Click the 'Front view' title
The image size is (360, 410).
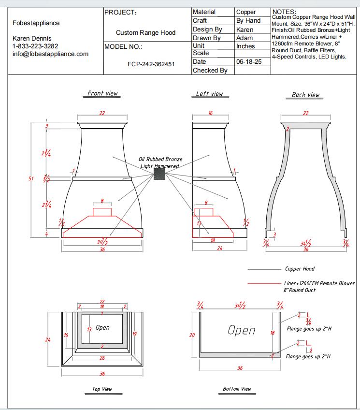102,93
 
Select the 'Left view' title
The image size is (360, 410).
210,93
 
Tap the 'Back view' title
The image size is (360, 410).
305,95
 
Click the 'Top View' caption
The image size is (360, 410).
102,389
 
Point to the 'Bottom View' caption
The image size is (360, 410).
237,389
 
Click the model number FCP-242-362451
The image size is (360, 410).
151,64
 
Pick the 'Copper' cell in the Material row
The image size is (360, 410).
246,12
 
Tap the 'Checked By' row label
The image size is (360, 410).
210,71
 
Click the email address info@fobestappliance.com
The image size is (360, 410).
50,54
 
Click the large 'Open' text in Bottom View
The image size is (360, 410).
242,330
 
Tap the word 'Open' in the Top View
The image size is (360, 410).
102,327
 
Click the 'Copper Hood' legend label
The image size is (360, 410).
300,269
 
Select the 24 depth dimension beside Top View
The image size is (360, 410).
48,340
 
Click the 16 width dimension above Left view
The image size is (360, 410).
211,113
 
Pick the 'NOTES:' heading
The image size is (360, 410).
285,11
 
